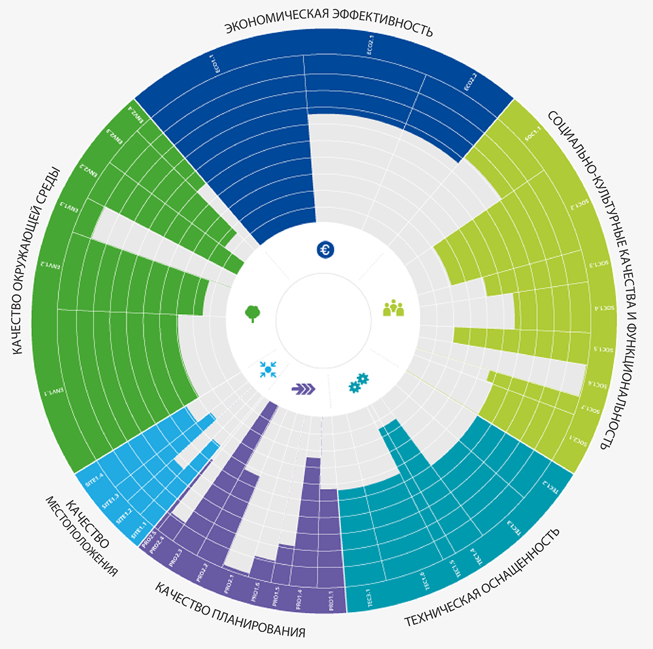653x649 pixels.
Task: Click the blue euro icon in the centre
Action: (x=325, y=249)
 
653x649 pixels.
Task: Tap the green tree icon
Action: (x=252, y=313)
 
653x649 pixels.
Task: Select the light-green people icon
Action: (x=393, y=308)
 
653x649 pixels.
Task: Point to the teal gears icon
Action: (x=358, y=382)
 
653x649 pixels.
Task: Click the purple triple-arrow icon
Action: (x=304, y=389)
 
